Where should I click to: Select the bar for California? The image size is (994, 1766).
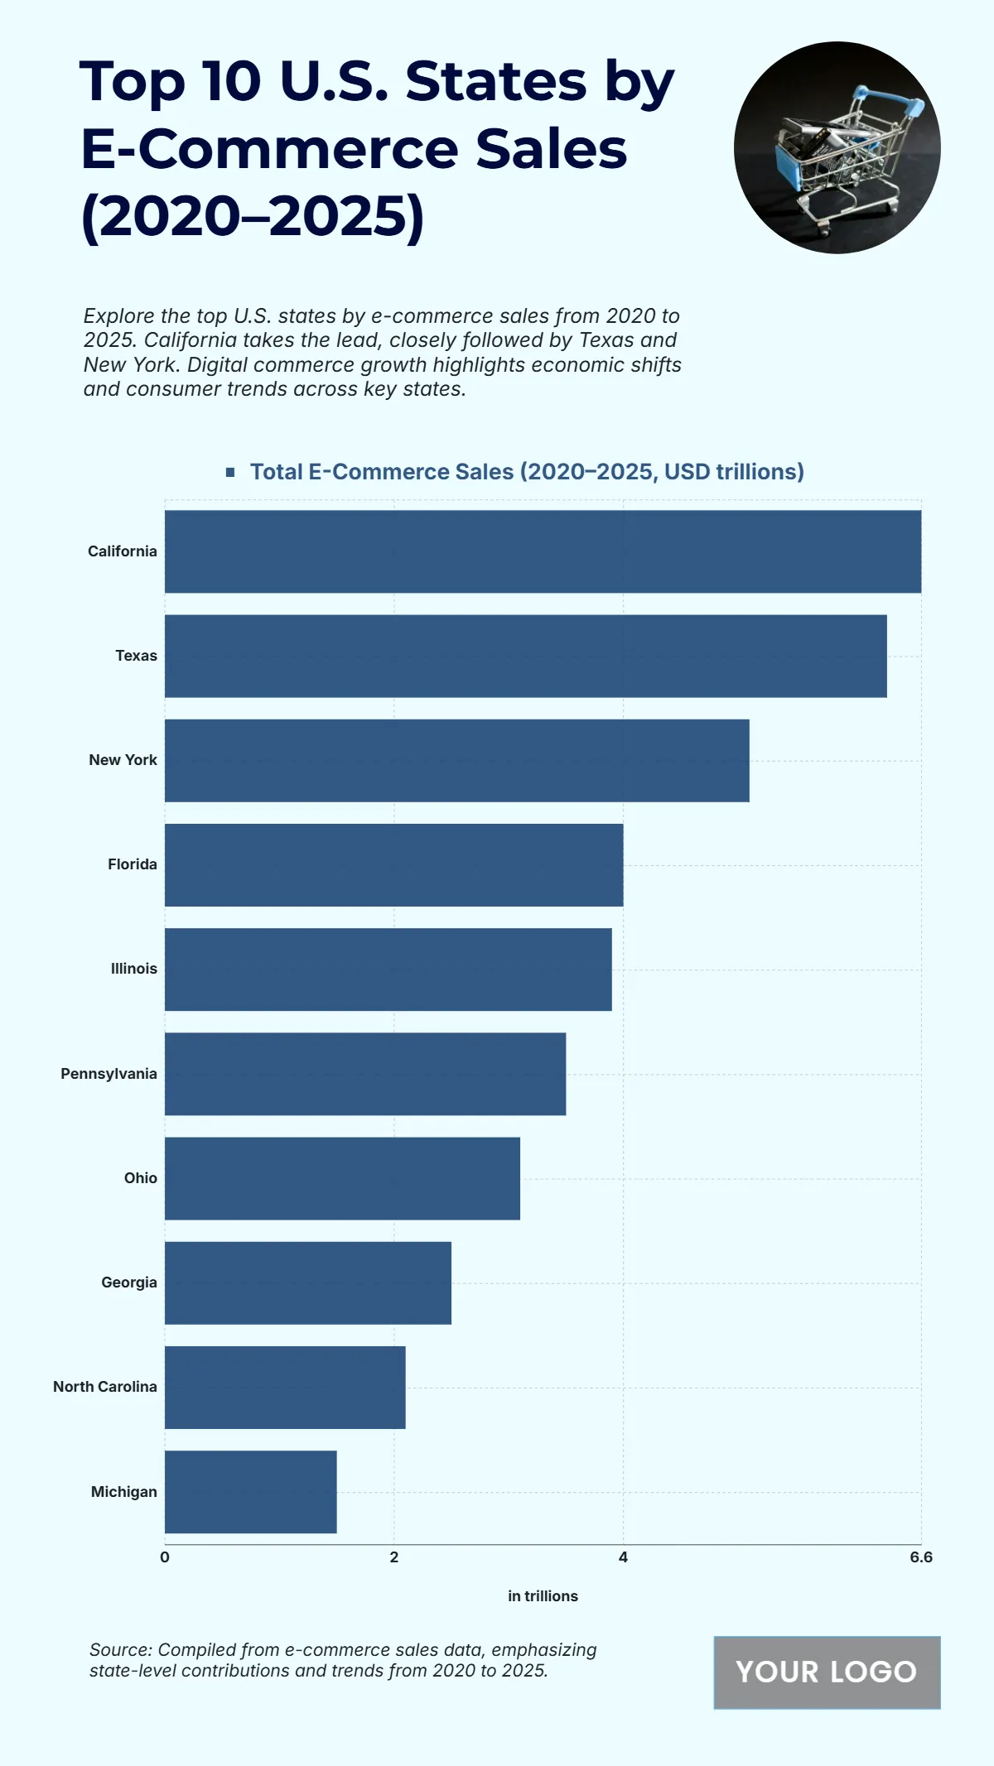click(x=543, y=551)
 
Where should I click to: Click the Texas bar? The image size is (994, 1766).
click(x=525, y=656)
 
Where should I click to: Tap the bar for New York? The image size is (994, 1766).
click(x=456, y=760)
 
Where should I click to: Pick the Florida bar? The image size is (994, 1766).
click(x=393, y=864)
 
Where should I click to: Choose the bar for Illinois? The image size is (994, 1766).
click(x=388, y=969)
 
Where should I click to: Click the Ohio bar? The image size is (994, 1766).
click(x=342, y=1178)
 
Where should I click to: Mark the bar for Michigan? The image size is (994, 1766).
click(x=250, y=1492)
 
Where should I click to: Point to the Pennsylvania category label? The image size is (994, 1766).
click(x=109, y=1074)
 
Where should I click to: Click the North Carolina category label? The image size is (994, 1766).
click(x=104, y=1387)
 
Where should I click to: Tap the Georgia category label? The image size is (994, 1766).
click(x=128, y=1282)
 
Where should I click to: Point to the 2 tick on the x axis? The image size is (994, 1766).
click(x=394, y=1557)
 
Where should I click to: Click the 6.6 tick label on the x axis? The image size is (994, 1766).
click(x=920, y=1557)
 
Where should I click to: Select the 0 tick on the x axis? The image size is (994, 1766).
click(x=165, y=1557)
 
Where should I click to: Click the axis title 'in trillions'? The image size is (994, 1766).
click(x=543, y=1596)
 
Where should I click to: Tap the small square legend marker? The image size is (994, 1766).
click(x=230, y=472)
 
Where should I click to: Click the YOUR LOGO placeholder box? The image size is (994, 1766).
click(x=827, y=1672)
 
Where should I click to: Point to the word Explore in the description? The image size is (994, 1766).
click(x=118, y=316)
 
